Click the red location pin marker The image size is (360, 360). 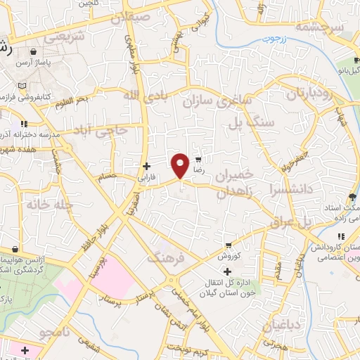pyautogui.click(x=181, y=165)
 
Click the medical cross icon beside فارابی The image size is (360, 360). pyautogui.click(x=146, y=167)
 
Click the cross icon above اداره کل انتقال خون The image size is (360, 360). pyautogui.click(x=226, y=271)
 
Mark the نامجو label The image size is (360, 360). pyautogui.click(x=55, y=330)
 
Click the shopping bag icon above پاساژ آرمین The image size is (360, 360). pyautogui.click(x=34, y=52)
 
